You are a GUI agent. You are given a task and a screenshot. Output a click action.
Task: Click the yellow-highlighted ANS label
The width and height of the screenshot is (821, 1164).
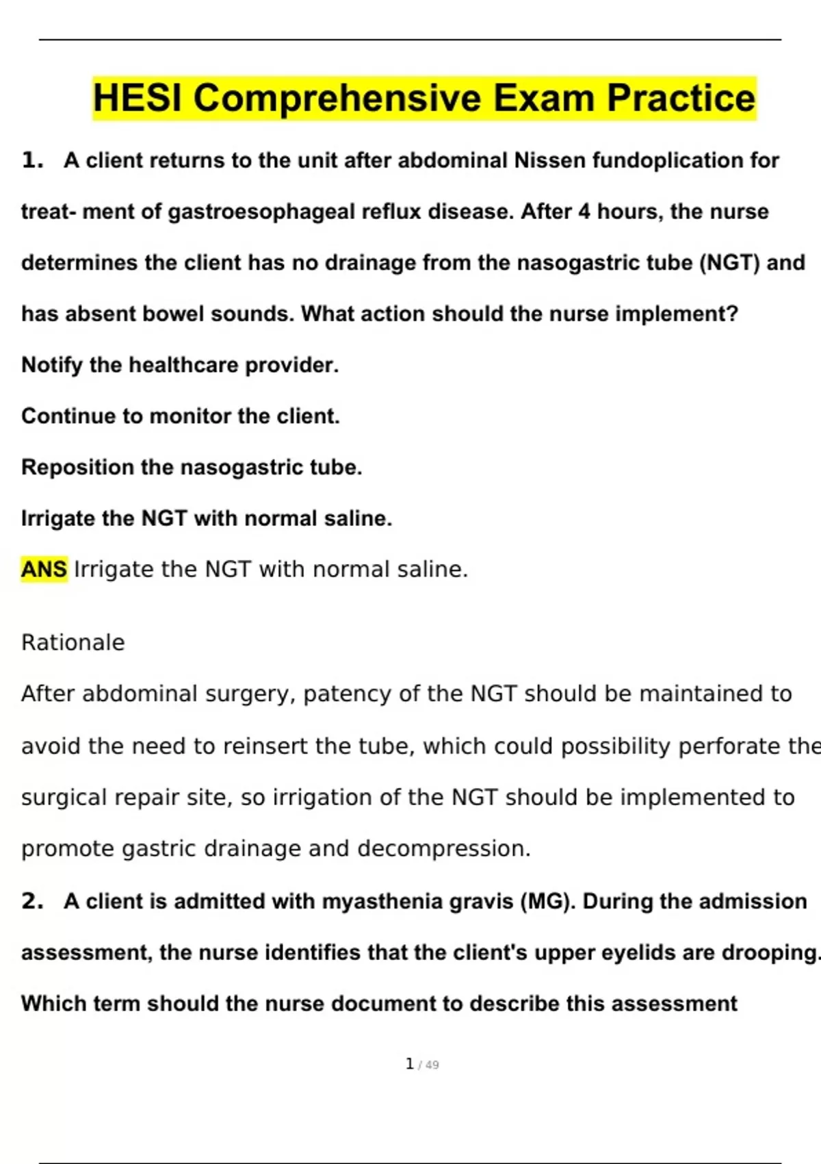click(x=44, y=569)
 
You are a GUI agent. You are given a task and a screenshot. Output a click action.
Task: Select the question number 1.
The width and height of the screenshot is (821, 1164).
click(x=32, y=160)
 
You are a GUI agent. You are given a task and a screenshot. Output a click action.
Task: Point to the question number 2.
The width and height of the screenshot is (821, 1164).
click(x=32, y=901)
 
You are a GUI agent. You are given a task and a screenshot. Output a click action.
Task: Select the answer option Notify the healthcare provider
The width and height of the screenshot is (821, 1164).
click(x=180, y=365)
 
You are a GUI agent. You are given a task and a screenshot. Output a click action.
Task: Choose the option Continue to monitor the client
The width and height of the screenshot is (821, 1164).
click(x=181, y=416)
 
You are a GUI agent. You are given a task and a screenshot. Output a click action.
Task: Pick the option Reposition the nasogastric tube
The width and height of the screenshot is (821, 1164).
click(x=192, y=468)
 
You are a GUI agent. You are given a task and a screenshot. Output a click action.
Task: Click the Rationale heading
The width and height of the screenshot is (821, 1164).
click(x=73, y=642)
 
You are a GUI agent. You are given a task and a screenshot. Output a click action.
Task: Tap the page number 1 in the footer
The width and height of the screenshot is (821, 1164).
click(x=409, y=1064)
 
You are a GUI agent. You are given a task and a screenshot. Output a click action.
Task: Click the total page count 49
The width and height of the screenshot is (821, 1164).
click(x=432, y=1065)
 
